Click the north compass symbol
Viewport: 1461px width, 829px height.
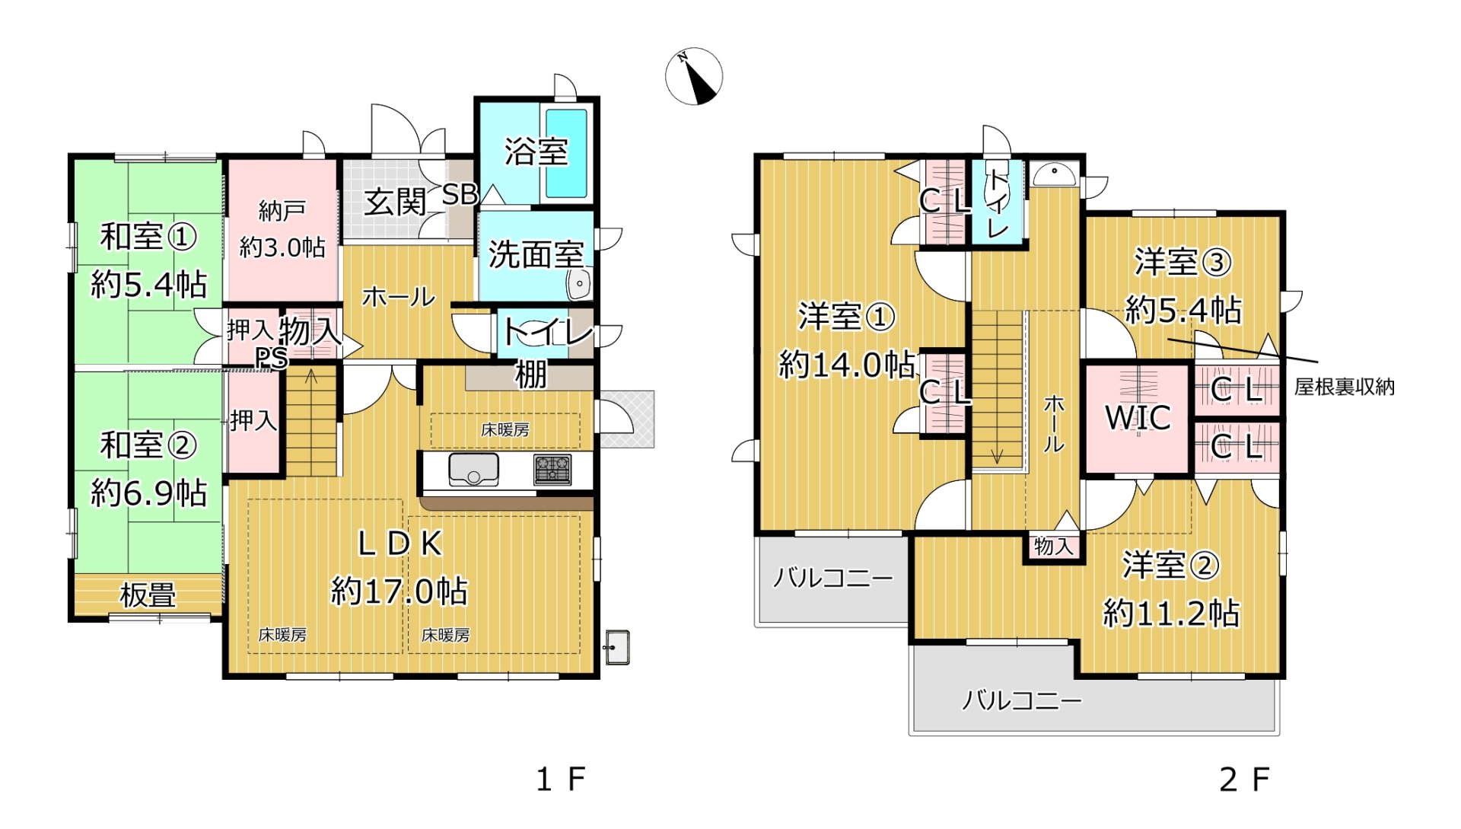point(694,76)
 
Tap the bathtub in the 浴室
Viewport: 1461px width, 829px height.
point(566,153)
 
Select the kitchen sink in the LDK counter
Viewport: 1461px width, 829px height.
point(473,469)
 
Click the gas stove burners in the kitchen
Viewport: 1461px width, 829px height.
point(552,469)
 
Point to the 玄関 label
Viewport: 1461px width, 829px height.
point(394,202)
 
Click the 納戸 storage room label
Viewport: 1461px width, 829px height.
point(282,210)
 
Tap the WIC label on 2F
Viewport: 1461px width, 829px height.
point(1138,417)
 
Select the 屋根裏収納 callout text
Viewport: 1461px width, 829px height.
point(1344,387)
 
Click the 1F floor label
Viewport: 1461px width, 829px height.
point(561,780)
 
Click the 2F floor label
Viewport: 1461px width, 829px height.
point(1244,780)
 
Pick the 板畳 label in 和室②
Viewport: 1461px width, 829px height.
point(148,595)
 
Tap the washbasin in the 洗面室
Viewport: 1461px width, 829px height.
point(578,285)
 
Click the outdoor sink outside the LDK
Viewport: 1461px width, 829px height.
point(616,647)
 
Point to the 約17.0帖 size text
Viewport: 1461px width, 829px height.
point(399,591)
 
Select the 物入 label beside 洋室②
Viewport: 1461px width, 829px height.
point(1053,546)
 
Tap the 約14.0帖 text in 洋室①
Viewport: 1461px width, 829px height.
point(846,365)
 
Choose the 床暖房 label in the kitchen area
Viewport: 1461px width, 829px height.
point(505,430)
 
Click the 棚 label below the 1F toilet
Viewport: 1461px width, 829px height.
point(530,375)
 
